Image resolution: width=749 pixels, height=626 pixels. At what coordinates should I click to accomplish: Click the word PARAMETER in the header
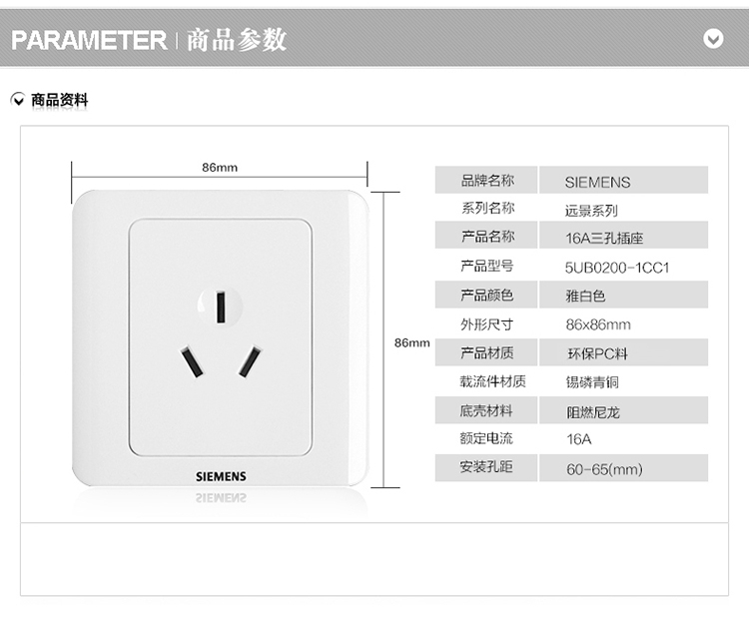(89, 40)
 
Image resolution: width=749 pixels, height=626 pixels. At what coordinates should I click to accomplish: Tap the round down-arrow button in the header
(713, 39)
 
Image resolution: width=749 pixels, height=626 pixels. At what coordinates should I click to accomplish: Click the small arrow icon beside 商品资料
(18, 100)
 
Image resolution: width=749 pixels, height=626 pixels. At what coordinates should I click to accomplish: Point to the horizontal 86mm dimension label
(220, 167)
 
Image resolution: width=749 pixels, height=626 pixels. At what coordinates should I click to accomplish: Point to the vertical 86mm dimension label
(411, 342)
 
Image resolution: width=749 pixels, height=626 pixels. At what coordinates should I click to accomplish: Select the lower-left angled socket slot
(190, 362)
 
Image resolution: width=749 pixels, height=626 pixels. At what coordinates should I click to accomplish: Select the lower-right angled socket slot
(250, 361)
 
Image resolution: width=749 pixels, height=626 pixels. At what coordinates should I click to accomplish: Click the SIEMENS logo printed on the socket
(220, 477)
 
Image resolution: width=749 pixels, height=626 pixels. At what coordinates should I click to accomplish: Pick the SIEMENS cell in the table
(597, 182)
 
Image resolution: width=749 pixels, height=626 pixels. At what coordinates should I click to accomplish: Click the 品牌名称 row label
(486, 181)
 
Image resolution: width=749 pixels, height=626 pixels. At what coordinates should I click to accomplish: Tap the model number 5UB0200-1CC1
(616, 268)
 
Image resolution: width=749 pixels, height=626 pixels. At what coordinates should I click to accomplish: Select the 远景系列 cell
(591, 211)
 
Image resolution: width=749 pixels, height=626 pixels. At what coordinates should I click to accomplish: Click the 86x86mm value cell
(597, 324)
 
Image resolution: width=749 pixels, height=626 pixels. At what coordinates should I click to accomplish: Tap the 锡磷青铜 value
(593, 381)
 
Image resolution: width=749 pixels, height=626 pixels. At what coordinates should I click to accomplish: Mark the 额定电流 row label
(486, 438)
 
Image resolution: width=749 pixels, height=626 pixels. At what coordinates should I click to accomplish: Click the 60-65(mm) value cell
(604, 468)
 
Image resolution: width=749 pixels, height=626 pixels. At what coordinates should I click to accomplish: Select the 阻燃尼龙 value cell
(593, 410)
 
